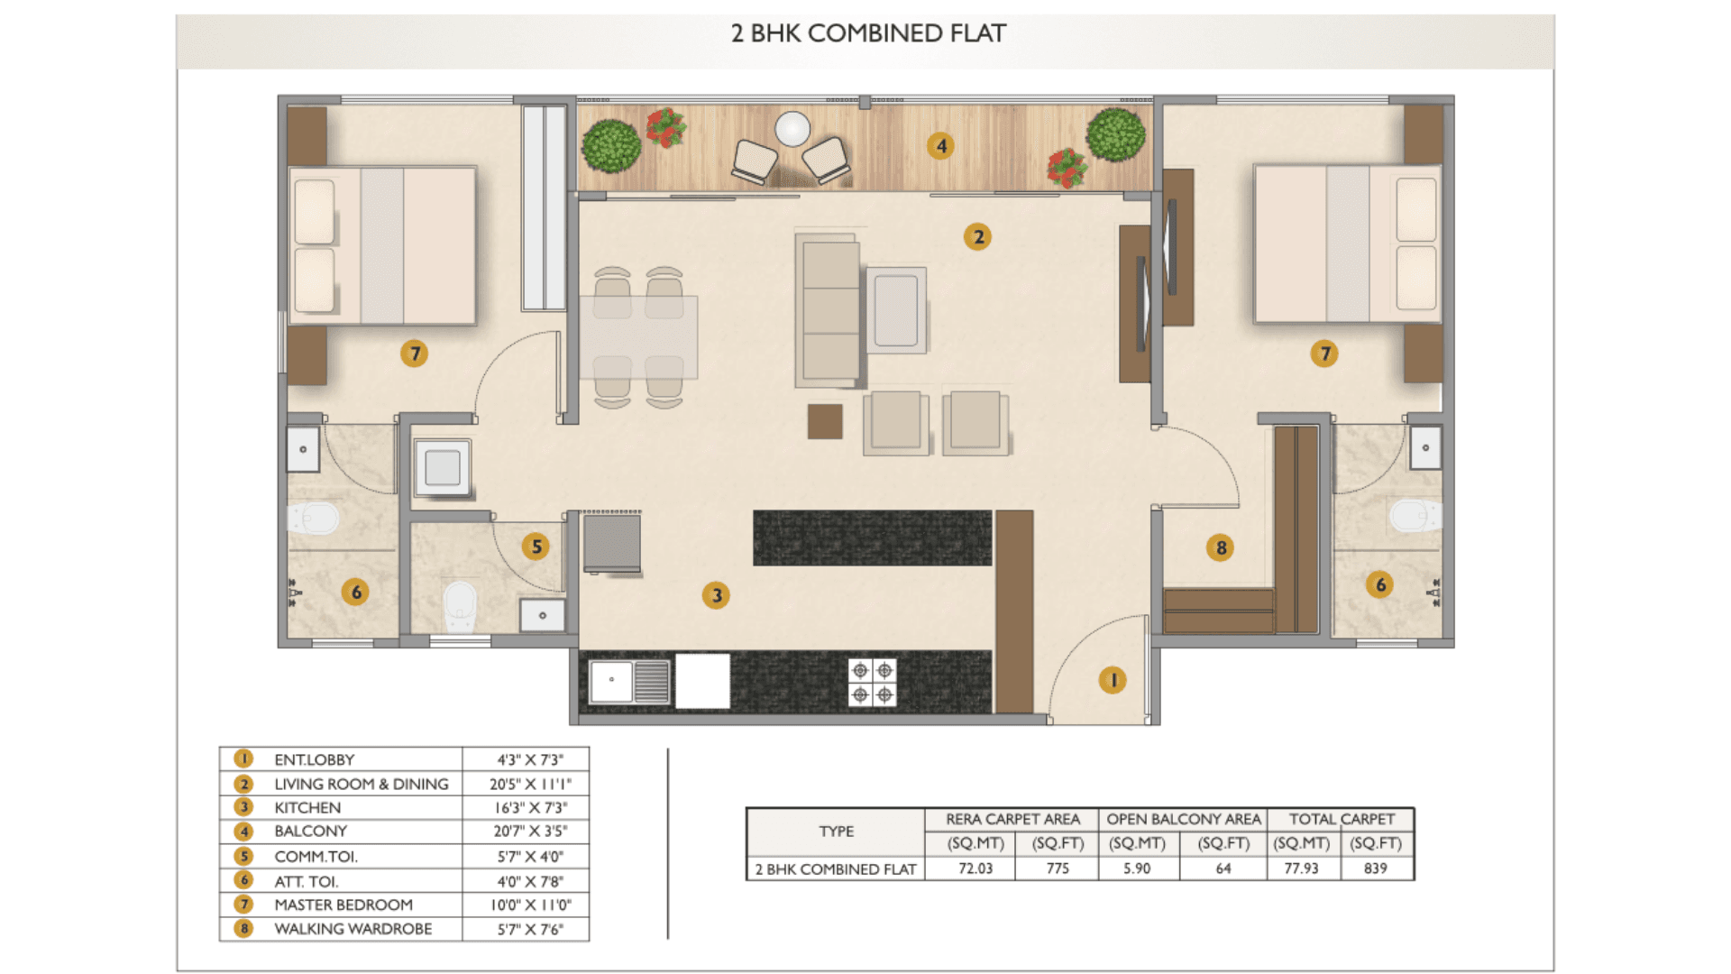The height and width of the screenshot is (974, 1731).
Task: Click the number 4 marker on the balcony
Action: pyautogui.click(x=941, y=146)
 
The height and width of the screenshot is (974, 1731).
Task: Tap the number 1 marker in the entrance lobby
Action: pyautogui.click(x=1113, y=680)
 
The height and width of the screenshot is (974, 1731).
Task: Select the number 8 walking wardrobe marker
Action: pyautogui.click(x=1221, y=547)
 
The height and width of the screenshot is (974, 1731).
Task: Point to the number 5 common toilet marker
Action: pyautogui.click(x=536, y=546)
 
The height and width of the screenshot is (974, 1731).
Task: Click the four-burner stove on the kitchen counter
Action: pyautogui.click(x=873, y=683)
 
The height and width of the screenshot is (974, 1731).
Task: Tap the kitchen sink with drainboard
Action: pyautogui.click(x=630, y=682)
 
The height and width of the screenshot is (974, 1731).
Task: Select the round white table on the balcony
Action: pyautogui.click(x=792, y=129)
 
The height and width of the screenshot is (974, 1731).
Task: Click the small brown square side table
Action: pyautogui.click(x=825, y=421)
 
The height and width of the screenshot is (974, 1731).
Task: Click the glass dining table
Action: pyautogui.click(x=638, y=337)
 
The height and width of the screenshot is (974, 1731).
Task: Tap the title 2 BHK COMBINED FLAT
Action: pyautogui.click(x=868, y=33)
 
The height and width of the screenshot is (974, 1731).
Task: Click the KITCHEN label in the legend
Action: pyautogui.click(x=307, y=808)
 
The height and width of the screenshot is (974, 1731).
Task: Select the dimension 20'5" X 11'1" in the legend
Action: pyautogui.click(x=530, y=785)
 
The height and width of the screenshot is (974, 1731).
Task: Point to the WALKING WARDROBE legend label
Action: pyautogui.click(x=353, y=929)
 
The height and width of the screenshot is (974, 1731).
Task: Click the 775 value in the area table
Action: pyautogui.click(x=1058, y=868)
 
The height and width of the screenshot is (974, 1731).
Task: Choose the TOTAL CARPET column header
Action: pyautogui.click(x=1342, y=819)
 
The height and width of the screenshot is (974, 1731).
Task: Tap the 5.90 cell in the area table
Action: pyautogui.click(x=1137, y=868)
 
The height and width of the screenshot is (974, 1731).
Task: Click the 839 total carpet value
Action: pyautogui.click(x=1376, y=868)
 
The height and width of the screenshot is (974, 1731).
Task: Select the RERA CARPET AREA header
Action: pyautogui.click(x=1012, y=819)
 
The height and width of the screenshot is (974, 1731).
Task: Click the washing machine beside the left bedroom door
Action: pyautogui.click(x=443, y=467)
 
